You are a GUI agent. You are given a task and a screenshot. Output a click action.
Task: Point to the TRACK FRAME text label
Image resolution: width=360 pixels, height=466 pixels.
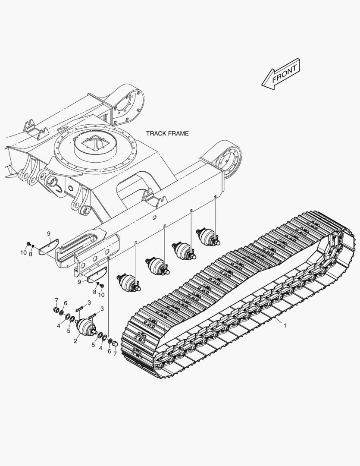167,133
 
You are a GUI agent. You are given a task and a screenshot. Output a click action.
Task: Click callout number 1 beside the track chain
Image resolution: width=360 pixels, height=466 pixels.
285,326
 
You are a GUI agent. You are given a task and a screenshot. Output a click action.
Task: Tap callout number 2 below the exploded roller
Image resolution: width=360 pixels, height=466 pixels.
75,341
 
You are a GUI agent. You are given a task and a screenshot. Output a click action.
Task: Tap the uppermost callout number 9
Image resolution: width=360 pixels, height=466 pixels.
49,233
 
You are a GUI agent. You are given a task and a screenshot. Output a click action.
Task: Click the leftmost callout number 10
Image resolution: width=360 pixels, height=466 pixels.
23,252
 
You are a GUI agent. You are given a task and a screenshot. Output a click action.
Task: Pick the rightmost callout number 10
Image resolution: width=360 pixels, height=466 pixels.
101,295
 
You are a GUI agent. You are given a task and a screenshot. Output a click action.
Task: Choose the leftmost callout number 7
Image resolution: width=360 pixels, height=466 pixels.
56,300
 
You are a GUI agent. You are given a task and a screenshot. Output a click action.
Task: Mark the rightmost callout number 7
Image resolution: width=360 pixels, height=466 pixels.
115,354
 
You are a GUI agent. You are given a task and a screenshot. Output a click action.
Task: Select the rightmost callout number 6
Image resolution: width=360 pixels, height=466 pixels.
109,351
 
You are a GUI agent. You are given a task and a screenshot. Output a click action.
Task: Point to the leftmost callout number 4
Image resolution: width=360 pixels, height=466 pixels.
59,326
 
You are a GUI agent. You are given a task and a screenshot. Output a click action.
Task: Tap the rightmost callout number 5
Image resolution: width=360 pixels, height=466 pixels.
93,345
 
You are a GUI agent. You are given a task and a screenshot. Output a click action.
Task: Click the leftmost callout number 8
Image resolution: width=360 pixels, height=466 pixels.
30,254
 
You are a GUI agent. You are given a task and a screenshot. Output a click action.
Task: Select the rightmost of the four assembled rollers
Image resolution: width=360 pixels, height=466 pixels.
209,237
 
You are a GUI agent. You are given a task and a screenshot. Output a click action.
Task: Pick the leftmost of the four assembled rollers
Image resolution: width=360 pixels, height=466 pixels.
129,283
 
